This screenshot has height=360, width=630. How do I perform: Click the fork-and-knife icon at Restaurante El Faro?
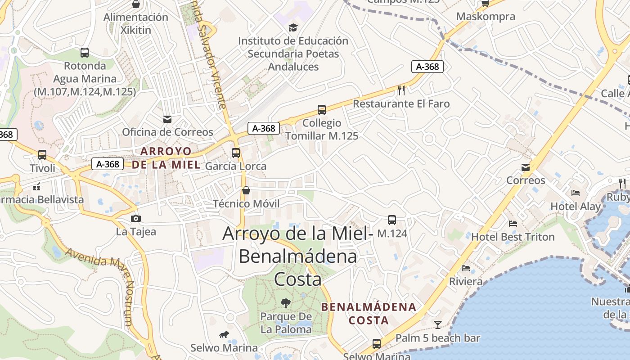[x=401, y=90]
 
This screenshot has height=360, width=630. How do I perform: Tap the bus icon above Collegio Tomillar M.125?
[x=322, y=109]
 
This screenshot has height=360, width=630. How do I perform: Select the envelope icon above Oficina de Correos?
[x=167, y=119]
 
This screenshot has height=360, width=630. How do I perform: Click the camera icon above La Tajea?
[x=135, y=219]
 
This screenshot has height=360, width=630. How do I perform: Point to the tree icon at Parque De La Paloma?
[x=285, y=303]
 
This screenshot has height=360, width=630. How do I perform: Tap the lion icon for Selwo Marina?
[x=224, y=334]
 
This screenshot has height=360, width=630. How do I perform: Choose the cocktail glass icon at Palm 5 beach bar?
[x=437, y=324]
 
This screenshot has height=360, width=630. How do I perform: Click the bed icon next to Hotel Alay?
[x=576, y=193]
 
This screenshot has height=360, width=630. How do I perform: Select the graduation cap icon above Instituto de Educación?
[x=293, y=27]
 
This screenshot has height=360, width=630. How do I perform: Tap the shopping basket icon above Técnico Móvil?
[x=246, y=190]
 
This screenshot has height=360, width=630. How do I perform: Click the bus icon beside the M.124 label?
[x=392, y=220]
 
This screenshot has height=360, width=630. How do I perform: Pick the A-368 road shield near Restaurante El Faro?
[x=427, y=67]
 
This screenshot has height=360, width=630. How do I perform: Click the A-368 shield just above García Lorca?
[x=264, y=128]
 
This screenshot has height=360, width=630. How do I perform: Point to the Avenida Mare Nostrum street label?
[x=101, y=283]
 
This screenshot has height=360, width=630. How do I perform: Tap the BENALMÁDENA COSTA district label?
[x=369, y=314]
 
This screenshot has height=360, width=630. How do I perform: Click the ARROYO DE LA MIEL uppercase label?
[x=166, y=157]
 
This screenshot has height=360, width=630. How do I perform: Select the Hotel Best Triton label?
[x=513, y=237]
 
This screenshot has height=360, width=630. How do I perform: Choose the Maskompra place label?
[x=485, y=17]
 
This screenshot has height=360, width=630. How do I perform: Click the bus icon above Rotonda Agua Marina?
[x=85, y=53]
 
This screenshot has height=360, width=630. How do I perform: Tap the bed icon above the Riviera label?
[x=466, y=268]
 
